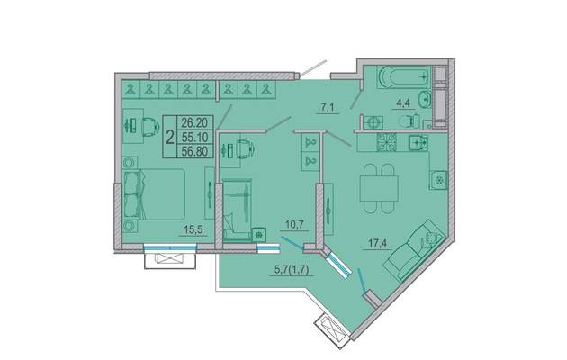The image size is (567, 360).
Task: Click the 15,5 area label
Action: (193, 229)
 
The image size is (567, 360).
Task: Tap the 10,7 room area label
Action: (294, 224)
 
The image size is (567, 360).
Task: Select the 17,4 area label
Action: (377, 244)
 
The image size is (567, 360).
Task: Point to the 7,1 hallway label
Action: (328, 107)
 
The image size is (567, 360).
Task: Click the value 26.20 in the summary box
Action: (194, 123)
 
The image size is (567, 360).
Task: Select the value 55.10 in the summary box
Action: (194, 137)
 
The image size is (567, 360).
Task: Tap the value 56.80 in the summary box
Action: (194, 151)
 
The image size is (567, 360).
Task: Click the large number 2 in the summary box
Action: (169, 138)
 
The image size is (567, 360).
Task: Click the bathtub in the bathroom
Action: (403, 77)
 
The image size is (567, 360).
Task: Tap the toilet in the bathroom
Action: (410, 121)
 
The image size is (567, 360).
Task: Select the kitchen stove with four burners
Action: (387, 142)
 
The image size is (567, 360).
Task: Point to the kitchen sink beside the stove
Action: (418, 142)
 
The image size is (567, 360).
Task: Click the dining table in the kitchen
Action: (379, 188)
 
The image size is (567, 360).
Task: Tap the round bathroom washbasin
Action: (425, 99)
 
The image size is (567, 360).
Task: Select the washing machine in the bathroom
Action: (373, 122)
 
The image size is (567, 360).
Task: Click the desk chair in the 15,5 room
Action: (150, 127)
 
